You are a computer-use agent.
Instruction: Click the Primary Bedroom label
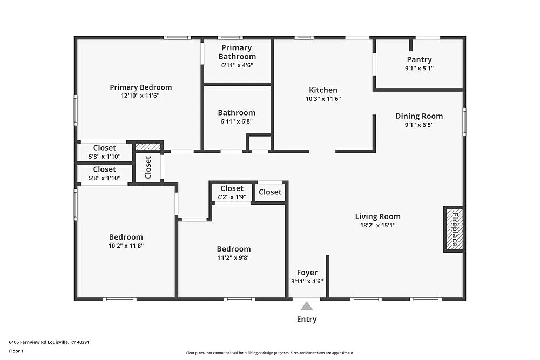pyautogui.click(x=140, y=87)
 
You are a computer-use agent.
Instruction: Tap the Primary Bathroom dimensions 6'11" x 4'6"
pyautogui.click(x=237, y=65)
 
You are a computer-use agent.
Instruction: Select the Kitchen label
pyautogui.click(x=323, y=90)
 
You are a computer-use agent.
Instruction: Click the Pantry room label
pyautogui.click(x=419, y=60)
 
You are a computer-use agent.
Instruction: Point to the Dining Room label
pyautogui.click(x=419, y=116)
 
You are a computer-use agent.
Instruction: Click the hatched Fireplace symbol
pyautogui.click(x=454, y=229)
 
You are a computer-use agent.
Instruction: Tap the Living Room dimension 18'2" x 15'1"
pyautogui.click(x=377, y=226)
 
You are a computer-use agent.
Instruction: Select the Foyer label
pyautogui.click(x=307, y=273)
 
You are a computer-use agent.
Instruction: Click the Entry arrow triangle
pyautogui.click(x=307, y=305)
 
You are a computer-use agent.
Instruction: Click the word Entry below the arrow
pyautogui.click(x=307, y=319)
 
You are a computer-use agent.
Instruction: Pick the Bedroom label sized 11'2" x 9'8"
pyautogui.click(x=234, y=249)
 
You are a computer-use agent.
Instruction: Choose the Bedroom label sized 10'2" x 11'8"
pyautogui.click(x=126, y=237)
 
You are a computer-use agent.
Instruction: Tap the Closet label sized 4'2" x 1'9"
pyautogui.click(x=232, y=188)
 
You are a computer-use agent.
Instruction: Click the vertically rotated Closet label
pyautogui.click(x=148, y=168)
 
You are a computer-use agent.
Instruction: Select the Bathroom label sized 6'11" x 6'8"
pyautogui.click(x=237, y=113)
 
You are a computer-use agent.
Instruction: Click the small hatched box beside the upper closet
pyautogui.click(x=148, y=146)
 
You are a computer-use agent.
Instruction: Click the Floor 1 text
pyautogui.click(x=16, y=351)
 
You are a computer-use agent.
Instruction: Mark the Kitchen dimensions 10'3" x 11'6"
pyautogui.click(x=323, y=99)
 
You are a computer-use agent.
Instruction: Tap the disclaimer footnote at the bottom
pyautogui.click(x=269, y=352)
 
